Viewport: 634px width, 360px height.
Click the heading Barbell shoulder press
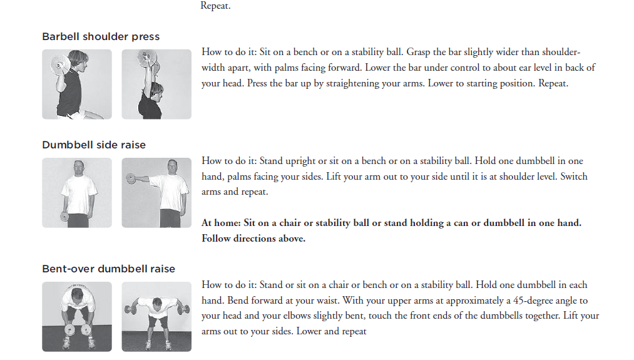point(101,37)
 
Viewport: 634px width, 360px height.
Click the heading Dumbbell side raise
point(94,145)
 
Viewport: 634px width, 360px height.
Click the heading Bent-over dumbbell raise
point(108,269)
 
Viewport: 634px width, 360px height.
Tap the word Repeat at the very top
point(215,6)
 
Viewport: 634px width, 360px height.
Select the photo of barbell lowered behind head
point(77,85)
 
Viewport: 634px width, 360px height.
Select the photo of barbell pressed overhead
point(156,85)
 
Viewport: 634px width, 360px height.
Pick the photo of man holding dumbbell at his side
point(77,193)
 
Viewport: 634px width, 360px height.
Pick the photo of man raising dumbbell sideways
point(156,193)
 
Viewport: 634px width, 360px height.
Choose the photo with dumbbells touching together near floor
point(77,317)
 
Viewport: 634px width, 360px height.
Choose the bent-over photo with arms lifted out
point(156,317)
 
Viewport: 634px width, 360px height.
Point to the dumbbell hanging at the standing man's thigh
point(64,217)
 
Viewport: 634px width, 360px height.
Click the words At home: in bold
point(220,223)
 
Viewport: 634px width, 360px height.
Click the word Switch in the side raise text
point(573,177)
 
